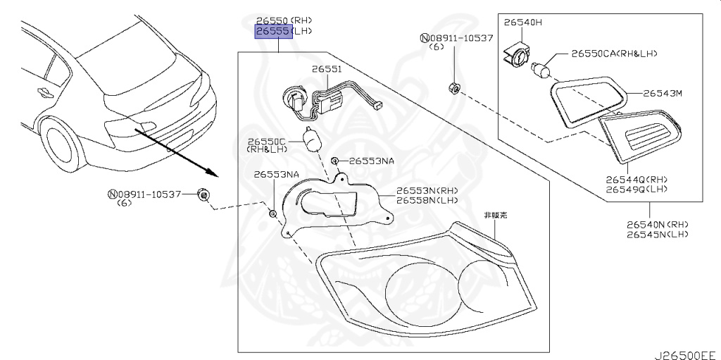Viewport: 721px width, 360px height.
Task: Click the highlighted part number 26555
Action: point(274,32)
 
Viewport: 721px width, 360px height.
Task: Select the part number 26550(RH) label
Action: point(284,20)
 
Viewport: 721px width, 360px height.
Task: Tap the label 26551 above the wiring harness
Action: point(327,69)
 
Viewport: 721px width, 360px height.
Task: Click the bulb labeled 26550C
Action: point(311,138)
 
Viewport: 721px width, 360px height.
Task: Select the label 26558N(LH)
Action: point(427,201)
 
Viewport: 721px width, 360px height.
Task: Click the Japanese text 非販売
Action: point(496,215)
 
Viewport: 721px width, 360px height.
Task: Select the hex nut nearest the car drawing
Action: point(203,194)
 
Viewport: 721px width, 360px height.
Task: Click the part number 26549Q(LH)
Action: point(635,190)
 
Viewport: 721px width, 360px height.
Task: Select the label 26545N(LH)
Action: point(657,234)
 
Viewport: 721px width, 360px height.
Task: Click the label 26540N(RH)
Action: point(657,224)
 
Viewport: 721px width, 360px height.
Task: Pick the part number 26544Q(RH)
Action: point(635,180)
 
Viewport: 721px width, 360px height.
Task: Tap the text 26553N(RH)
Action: point(427,191)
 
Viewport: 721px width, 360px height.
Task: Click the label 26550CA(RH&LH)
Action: point(619,54)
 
